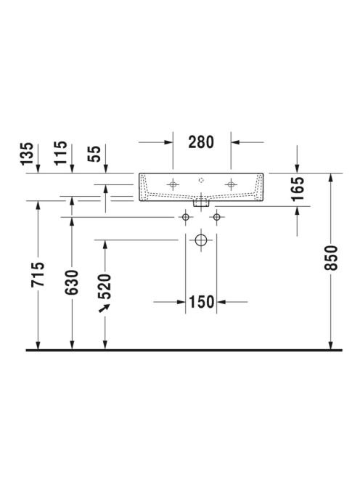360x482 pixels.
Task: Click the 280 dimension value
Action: (x=201, y=142)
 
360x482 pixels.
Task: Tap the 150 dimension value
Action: (x=201, y=302)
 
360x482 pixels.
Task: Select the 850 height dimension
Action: (x=331, y=258)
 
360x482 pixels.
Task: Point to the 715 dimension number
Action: (x=38, y=274)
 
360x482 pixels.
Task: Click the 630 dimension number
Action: (x=72, y=282)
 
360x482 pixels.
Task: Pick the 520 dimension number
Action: (x=105, y=287)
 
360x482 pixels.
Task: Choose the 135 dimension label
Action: (x=27, y=153)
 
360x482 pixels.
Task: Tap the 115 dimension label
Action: (x=60, y=152)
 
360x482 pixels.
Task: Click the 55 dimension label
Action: (x=94, y=154)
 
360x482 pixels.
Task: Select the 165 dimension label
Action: (x=298, y=189)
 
